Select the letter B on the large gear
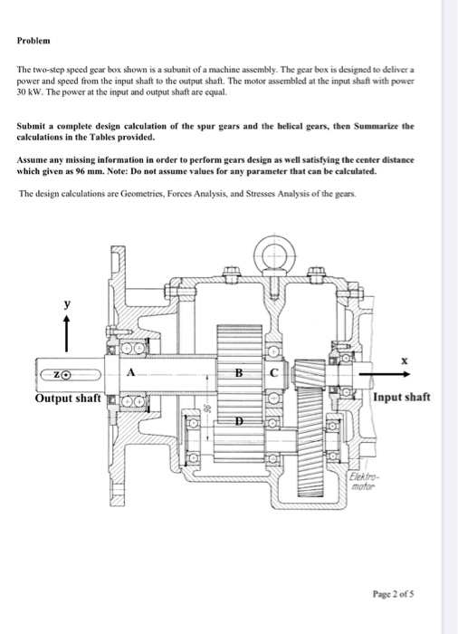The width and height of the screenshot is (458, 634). tap(238, 372)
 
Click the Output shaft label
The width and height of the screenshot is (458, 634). tap(67, 399)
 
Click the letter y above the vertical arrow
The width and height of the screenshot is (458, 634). tap(65, 306)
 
